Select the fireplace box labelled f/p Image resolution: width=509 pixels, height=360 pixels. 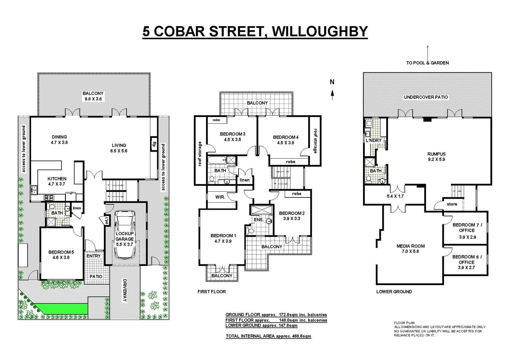[x=154, y=144]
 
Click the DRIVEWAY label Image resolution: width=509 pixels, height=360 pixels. [x=125, y=290]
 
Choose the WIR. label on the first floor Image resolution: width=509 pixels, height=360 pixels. [x=220, y=197]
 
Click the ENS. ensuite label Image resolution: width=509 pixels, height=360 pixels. [x=258, y=220]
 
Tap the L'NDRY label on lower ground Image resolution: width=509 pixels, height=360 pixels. [x=373, y=140]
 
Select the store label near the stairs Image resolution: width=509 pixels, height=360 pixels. [x=452, y=204]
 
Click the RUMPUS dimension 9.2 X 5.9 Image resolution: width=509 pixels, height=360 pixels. [x=436, y=159]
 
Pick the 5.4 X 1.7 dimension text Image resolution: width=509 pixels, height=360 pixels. [x=395, y=196]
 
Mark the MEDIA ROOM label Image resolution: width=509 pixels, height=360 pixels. [x=410, y=246]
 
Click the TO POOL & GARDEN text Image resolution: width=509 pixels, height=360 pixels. [x=427, y=63]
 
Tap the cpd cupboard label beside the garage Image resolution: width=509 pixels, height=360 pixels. [x=107, y=221]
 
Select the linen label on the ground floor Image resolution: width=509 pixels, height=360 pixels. [x=77, y=208]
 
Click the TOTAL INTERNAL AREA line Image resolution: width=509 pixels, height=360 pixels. [x=268, y=336]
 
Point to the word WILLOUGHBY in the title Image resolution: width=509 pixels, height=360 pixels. [x=320, y=31]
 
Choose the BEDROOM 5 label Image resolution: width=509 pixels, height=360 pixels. [x=61, y=252]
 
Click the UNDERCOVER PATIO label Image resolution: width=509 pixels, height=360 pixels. [x=426, y=97]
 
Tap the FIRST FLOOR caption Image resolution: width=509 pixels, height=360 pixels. [x=212, y=292]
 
